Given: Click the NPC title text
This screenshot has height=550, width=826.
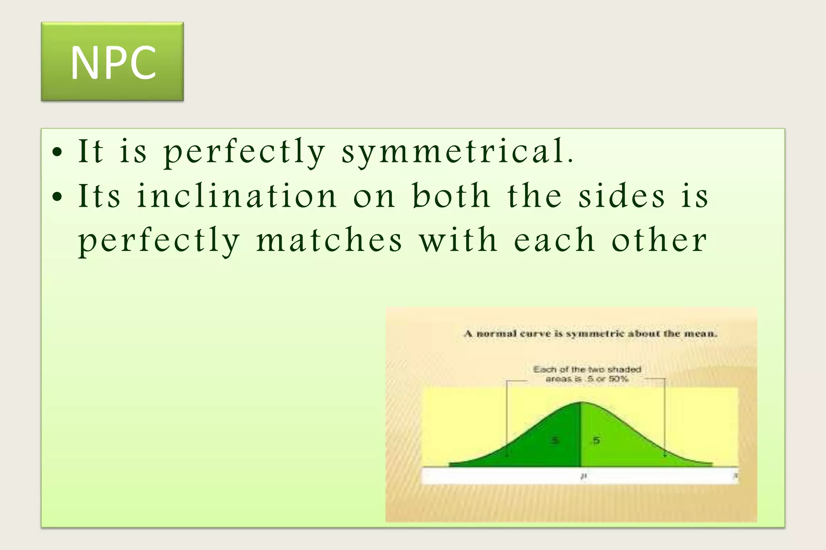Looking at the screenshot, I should [x=113, y=63].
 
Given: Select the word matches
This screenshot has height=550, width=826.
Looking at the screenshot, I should [x=329, y=240].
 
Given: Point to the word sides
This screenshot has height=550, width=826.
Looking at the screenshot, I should [x=622, y=196].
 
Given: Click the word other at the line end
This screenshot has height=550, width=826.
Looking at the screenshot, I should [x=659, y=240].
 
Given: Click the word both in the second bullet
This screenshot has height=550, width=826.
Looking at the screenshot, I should [x=451, y=196].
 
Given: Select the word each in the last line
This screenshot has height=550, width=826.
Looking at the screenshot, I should [x=554, y=240].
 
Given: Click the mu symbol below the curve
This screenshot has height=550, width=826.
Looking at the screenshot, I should [x=583, y=476].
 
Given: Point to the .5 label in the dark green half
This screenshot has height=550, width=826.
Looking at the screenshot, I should [x=555, y=440].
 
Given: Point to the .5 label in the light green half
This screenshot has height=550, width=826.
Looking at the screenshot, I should [x=596, y=440].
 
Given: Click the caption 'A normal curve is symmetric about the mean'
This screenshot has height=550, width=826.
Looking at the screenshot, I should [x=590, y=334].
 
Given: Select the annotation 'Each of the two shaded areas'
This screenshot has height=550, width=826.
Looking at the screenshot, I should [x=587, y=374].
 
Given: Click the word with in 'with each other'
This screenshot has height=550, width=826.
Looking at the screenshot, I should [x=458, y=240].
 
